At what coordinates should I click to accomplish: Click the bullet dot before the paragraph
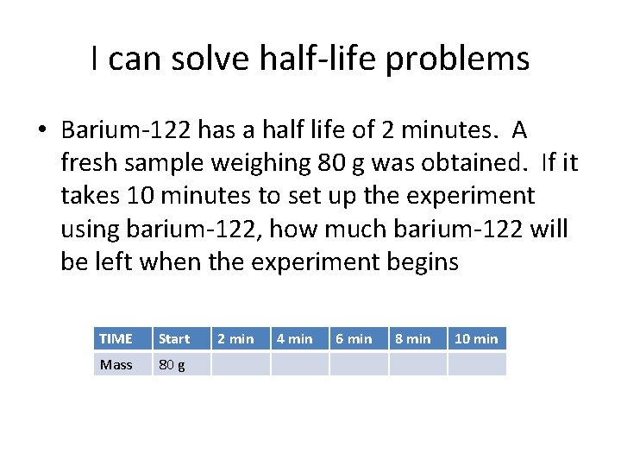point(41,131)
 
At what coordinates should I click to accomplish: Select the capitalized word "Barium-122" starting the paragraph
point(127,130)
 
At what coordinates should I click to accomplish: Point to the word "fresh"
point(88,163)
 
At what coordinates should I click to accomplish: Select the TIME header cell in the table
point(116,338)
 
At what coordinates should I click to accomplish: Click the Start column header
point(174,338)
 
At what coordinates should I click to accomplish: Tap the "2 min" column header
point(235,338)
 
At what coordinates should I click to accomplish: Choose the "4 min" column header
point(294,338)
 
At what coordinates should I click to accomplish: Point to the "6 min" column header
point(354,338)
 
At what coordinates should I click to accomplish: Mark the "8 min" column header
point(412,338)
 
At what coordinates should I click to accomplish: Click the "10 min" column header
point(476,338)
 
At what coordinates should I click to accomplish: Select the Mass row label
point(116,364)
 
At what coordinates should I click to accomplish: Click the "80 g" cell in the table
point(171,364)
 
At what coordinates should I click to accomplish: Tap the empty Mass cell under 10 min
point(476,364)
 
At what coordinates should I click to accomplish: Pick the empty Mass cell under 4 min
point(300,364)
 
